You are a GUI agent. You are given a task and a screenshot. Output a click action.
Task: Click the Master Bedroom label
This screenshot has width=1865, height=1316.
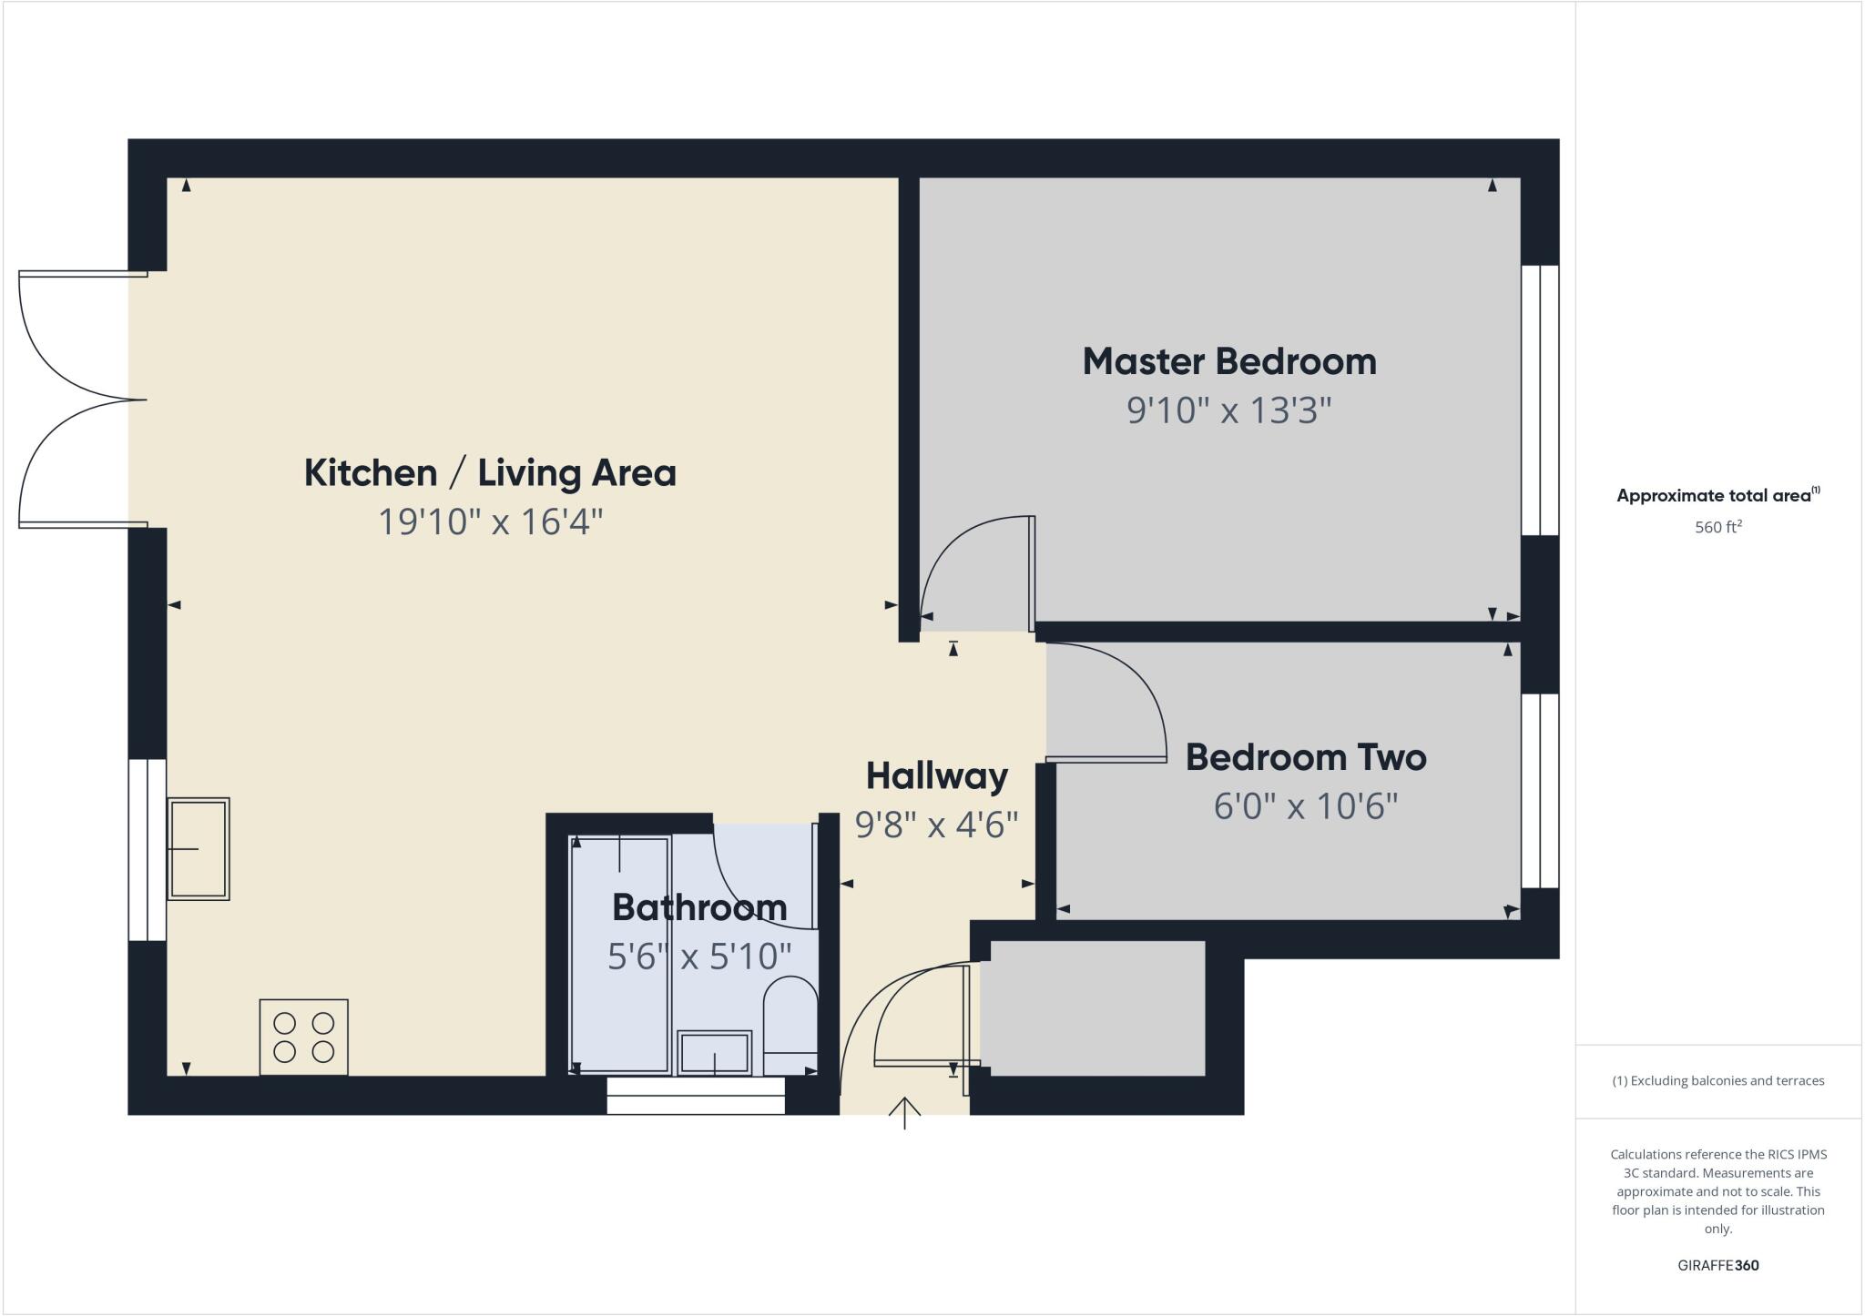(1228, 362)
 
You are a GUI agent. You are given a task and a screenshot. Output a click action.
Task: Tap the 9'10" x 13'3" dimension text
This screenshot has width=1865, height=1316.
(1228, 410)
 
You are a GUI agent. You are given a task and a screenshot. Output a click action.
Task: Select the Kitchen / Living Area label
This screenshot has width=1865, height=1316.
(490, 473)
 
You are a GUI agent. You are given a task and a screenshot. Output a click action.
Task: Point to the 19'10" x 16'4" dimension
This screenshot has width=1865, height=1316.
(490, 522)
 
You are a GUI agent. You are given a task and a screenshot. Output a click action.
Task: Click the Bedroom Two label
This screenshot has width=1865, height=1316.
(1305, 757)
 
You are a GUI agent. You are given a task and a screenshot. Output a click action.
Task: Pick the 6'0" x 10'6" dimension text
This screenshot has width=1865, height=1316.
(1305, 806)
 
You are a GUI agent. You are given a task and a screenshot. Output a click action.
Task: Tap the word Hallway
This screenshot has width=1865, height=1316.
(936, 776)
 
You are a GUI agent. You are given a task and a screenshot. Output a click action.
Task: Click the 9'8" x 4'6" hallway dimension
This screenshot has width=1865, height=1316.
(936, 825)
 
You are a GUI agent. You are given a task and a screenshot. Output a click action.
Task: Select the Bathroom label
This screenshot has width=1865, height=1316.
(699, 907)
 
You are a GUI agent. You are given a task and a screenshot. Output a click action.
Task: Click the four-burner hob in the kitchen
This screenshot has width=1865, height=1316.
(303, 1038)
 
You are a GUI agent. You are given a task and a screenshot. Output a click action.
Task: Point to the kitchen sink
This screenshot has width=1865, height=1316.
(198, 849)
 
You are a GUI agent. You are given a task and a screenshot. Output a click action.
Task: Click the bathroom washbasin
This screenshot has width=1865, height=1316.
(715, 1053)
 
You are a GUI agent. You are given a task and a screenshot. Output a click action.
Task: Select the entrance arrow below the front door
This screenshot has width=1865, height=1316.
(904, 1112)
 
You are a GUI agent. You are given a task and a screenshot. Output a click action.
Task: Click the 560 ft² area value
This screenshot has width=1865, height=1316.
(1717, 527)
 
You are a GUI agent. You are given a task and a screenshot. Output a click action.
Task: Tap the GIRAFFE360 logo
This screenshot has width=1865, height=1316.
(1717, 1265)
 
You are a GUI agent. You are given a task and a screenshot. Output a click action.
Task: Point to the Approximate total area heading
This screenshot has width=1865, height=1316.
(1717, 496)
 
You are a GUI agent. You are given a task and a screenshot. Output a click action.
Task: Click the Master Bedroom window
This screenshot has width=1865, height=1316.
(1540, 400)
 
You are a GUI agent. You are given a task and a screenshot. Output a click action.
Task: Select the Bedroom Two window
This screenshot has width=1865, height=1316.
(1540, 791)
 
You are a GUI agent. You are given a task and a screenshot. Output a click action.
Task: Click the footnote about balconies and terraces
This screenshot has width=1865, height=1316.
(1717, 1081)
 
